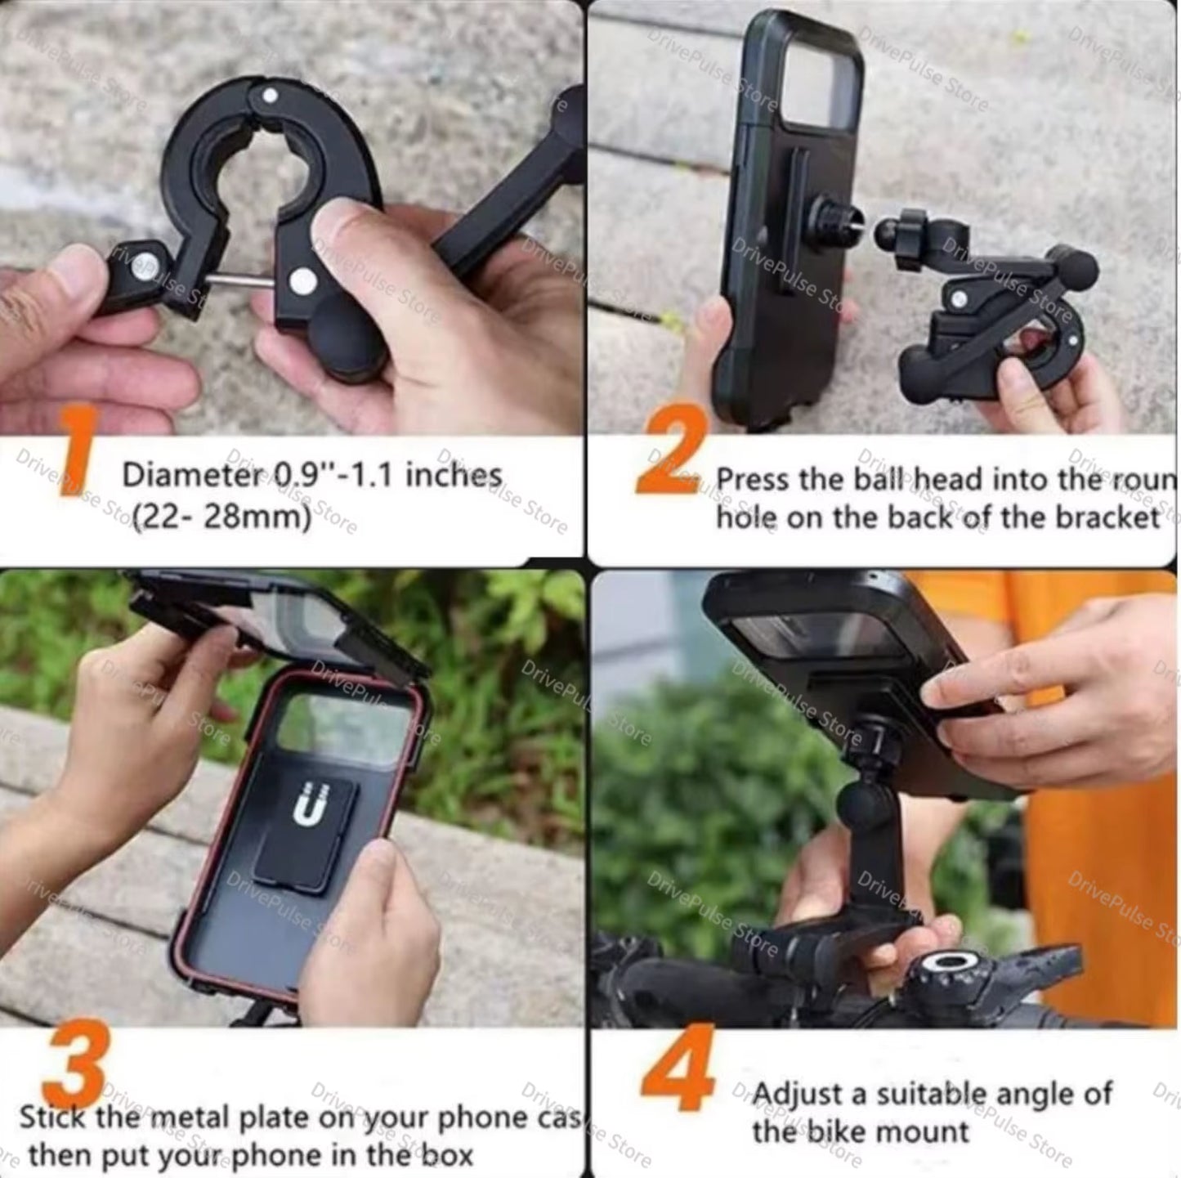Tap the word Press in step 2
pos(754,480)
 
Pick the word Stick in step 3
pos(54,1118)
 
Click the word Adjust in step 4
pos(798,1094)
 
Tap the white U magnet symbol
pos(311,804)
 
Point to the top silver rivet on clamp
pos(270,96)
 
